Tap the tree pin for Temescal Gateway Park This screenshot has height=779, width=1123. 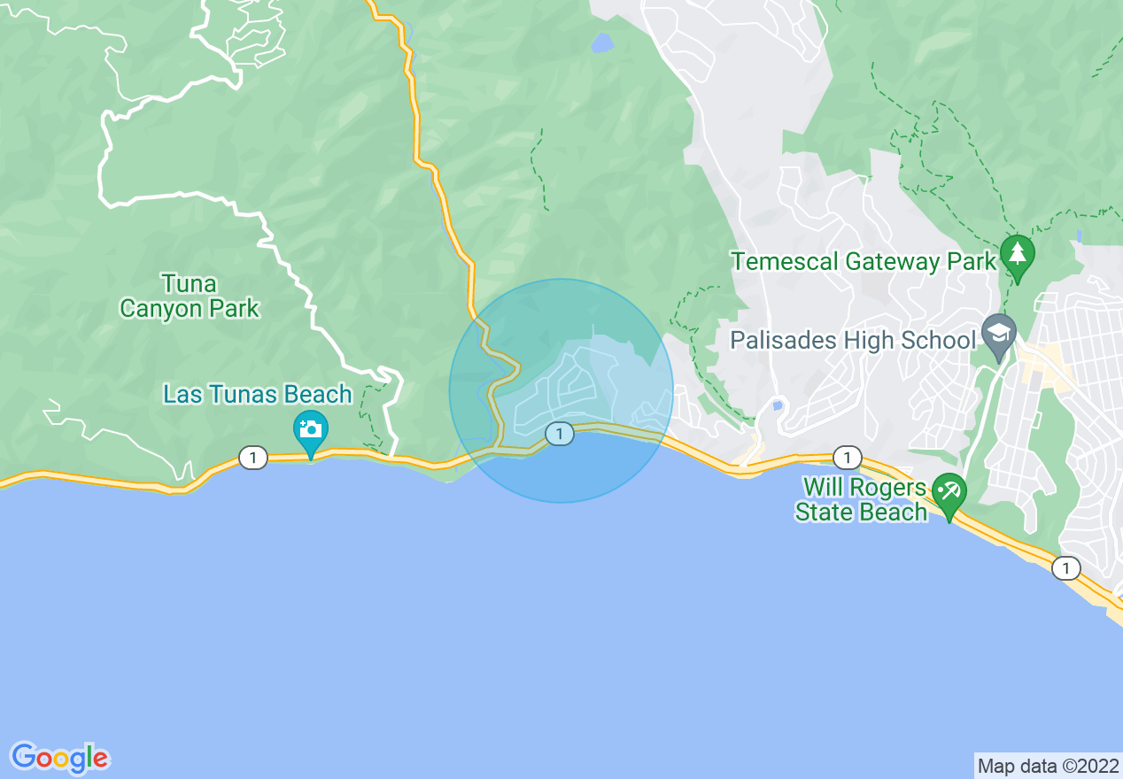[1018, 255]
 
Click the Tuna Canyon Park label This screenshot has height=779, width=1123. [190, 296]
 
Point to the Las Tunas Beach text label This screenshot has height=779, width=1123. [257, 395]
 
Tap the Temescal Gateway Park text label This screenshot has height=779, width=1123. [864, 262]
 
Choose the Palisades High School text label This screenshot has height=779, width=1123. [852, 340]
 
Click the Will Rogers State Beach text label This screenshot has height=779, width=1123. [861, 500]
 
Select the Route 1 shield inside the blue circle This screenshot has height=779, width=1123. [559, 434]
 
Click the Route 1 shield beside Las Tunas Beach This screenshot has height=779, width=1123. [253, 458]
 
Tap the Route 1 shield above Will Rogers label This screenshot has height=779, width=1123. [848, 458]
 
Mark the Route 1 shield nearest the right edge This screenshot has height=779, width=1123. [1066, 568]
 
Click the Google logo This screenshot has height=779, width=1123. [59, 758]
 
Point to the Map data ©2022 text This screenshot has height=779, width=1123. [1046, 766]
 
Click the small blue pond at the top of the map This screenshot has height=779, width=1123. [602, 42]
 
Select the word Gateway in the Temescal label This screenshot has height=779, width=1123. [891, 262]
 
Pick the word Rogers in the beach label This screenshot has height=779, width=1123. [895, 489]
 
